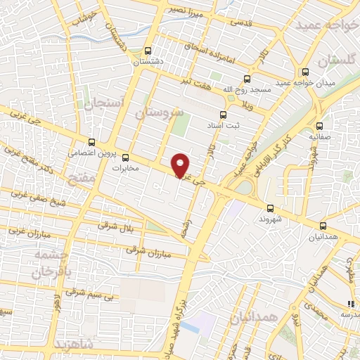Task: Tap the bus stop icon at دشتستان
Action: click(x=148, y=51)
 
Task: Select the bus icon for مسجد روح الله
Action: click(x=246, y=79)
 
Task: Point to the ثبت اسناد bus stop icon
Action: click(x=222, y=115)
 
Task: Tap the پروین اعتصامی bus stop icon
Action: click(x=91, y=141)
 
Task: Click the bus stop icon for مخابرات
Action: click(x=126, y=157)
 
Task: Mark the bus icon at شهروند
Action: click(x=270, y=208)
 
